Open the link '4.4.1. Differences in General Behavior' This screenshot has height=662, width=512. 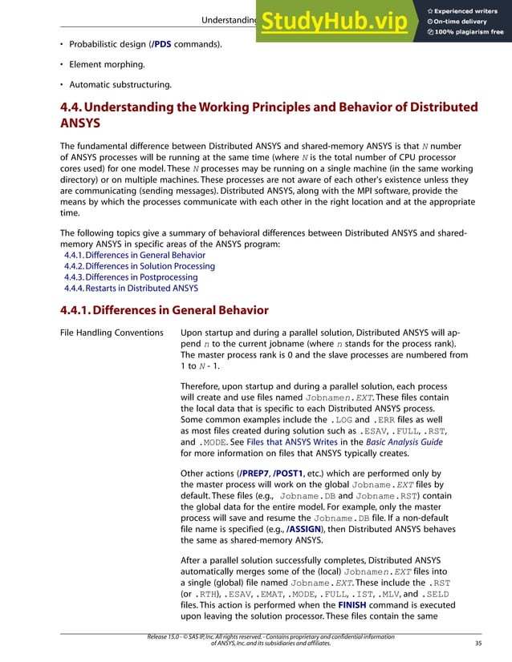(x=134, y=255)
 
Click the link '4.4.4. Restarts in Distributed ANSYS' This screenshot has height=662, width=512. (x=131, y=288)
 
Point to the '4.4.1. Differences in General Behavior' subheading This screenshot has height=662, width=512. (x=165, y=310)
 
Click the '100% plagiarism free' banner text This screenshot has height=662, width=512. (x=470, y=32)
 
